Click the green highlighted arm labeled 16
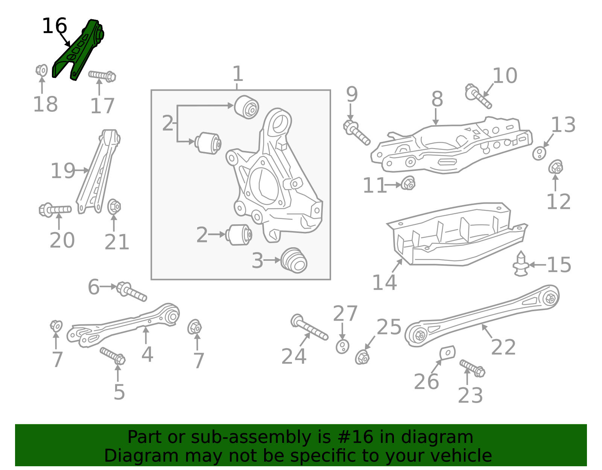point(77,51)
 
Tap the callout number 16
point(54,26)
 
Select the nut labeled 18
point(42,70)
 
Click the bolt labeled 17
point(102,76)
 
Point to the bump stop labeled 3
point(294,260)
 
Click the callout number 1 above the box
point(237,74)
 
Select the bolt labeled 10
point(477,96)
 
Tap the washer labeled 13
point(539,153)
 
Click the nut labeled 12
point(556,167)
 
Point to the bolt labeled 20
point(55,210)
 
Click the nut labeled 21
point(114,207)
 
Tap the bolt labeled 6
point(131,292)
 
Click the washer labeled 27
point(342,346)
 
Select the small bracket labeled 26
point(447,353)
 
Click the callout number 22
point(503,347)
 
